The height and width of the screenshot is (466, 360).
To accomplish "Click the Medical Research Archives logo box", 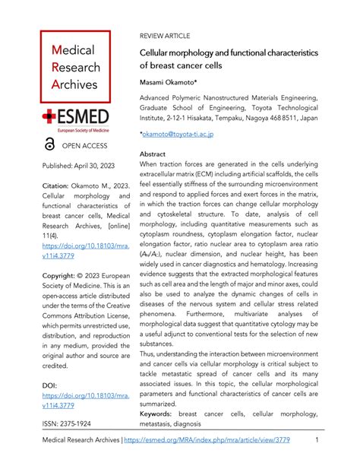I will (75, 67).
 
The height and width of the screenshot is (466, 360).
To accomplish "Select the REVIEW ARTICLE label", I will (165, 36).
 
